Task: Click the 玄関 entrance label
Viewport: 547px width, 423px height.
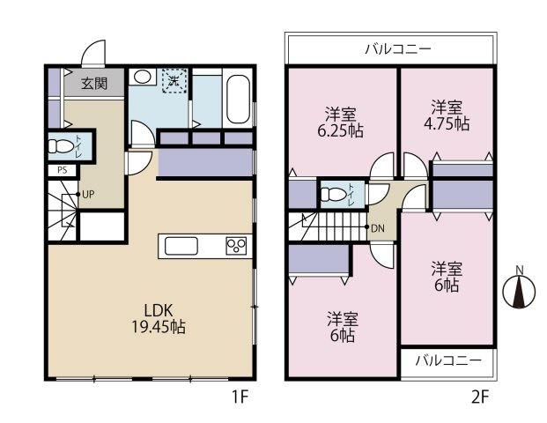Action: (94, 84)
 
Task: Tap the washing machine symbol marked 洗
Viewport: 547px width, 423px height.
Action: (174, 81)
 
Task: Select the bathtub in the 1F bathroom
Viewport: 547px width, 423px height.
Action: (238, 100)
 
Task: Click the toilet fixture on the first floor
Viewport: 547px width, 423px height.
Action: (60, 146)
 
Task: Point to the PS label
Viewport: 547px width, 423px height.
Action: (62, 170)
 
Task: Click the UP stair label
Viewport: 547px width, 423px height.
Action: (88, 195)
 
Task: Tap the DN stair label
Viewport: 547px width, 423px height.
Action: (378, 228)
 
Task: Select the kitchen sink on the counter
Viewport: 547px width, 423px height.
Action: (181, 246)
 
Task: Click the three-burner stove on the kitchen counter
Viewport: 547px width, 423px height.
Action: (236, 246)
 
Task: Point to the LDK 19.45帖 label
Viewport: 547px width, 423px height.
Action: (159, 318)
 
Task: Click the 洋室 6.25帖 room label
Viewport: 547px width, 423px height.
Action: (341, 122)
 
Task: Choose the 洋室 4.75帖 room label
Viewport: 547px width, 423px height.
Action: (447, 115)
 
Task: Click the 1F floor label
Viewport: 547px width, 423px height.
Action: (240, 397)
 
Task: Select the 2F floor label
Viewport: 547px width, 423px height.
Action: (480, 397)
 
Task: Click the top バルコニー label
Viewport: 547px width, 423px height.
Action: (398, 49)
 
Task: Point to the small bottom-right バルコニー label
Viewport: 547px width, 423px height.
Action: (448, 360)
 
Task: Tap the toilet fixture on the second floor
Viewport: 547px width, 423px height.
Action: (334, 195)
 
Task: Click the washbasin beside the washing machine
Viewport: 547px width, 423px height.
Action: (143, 77)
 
